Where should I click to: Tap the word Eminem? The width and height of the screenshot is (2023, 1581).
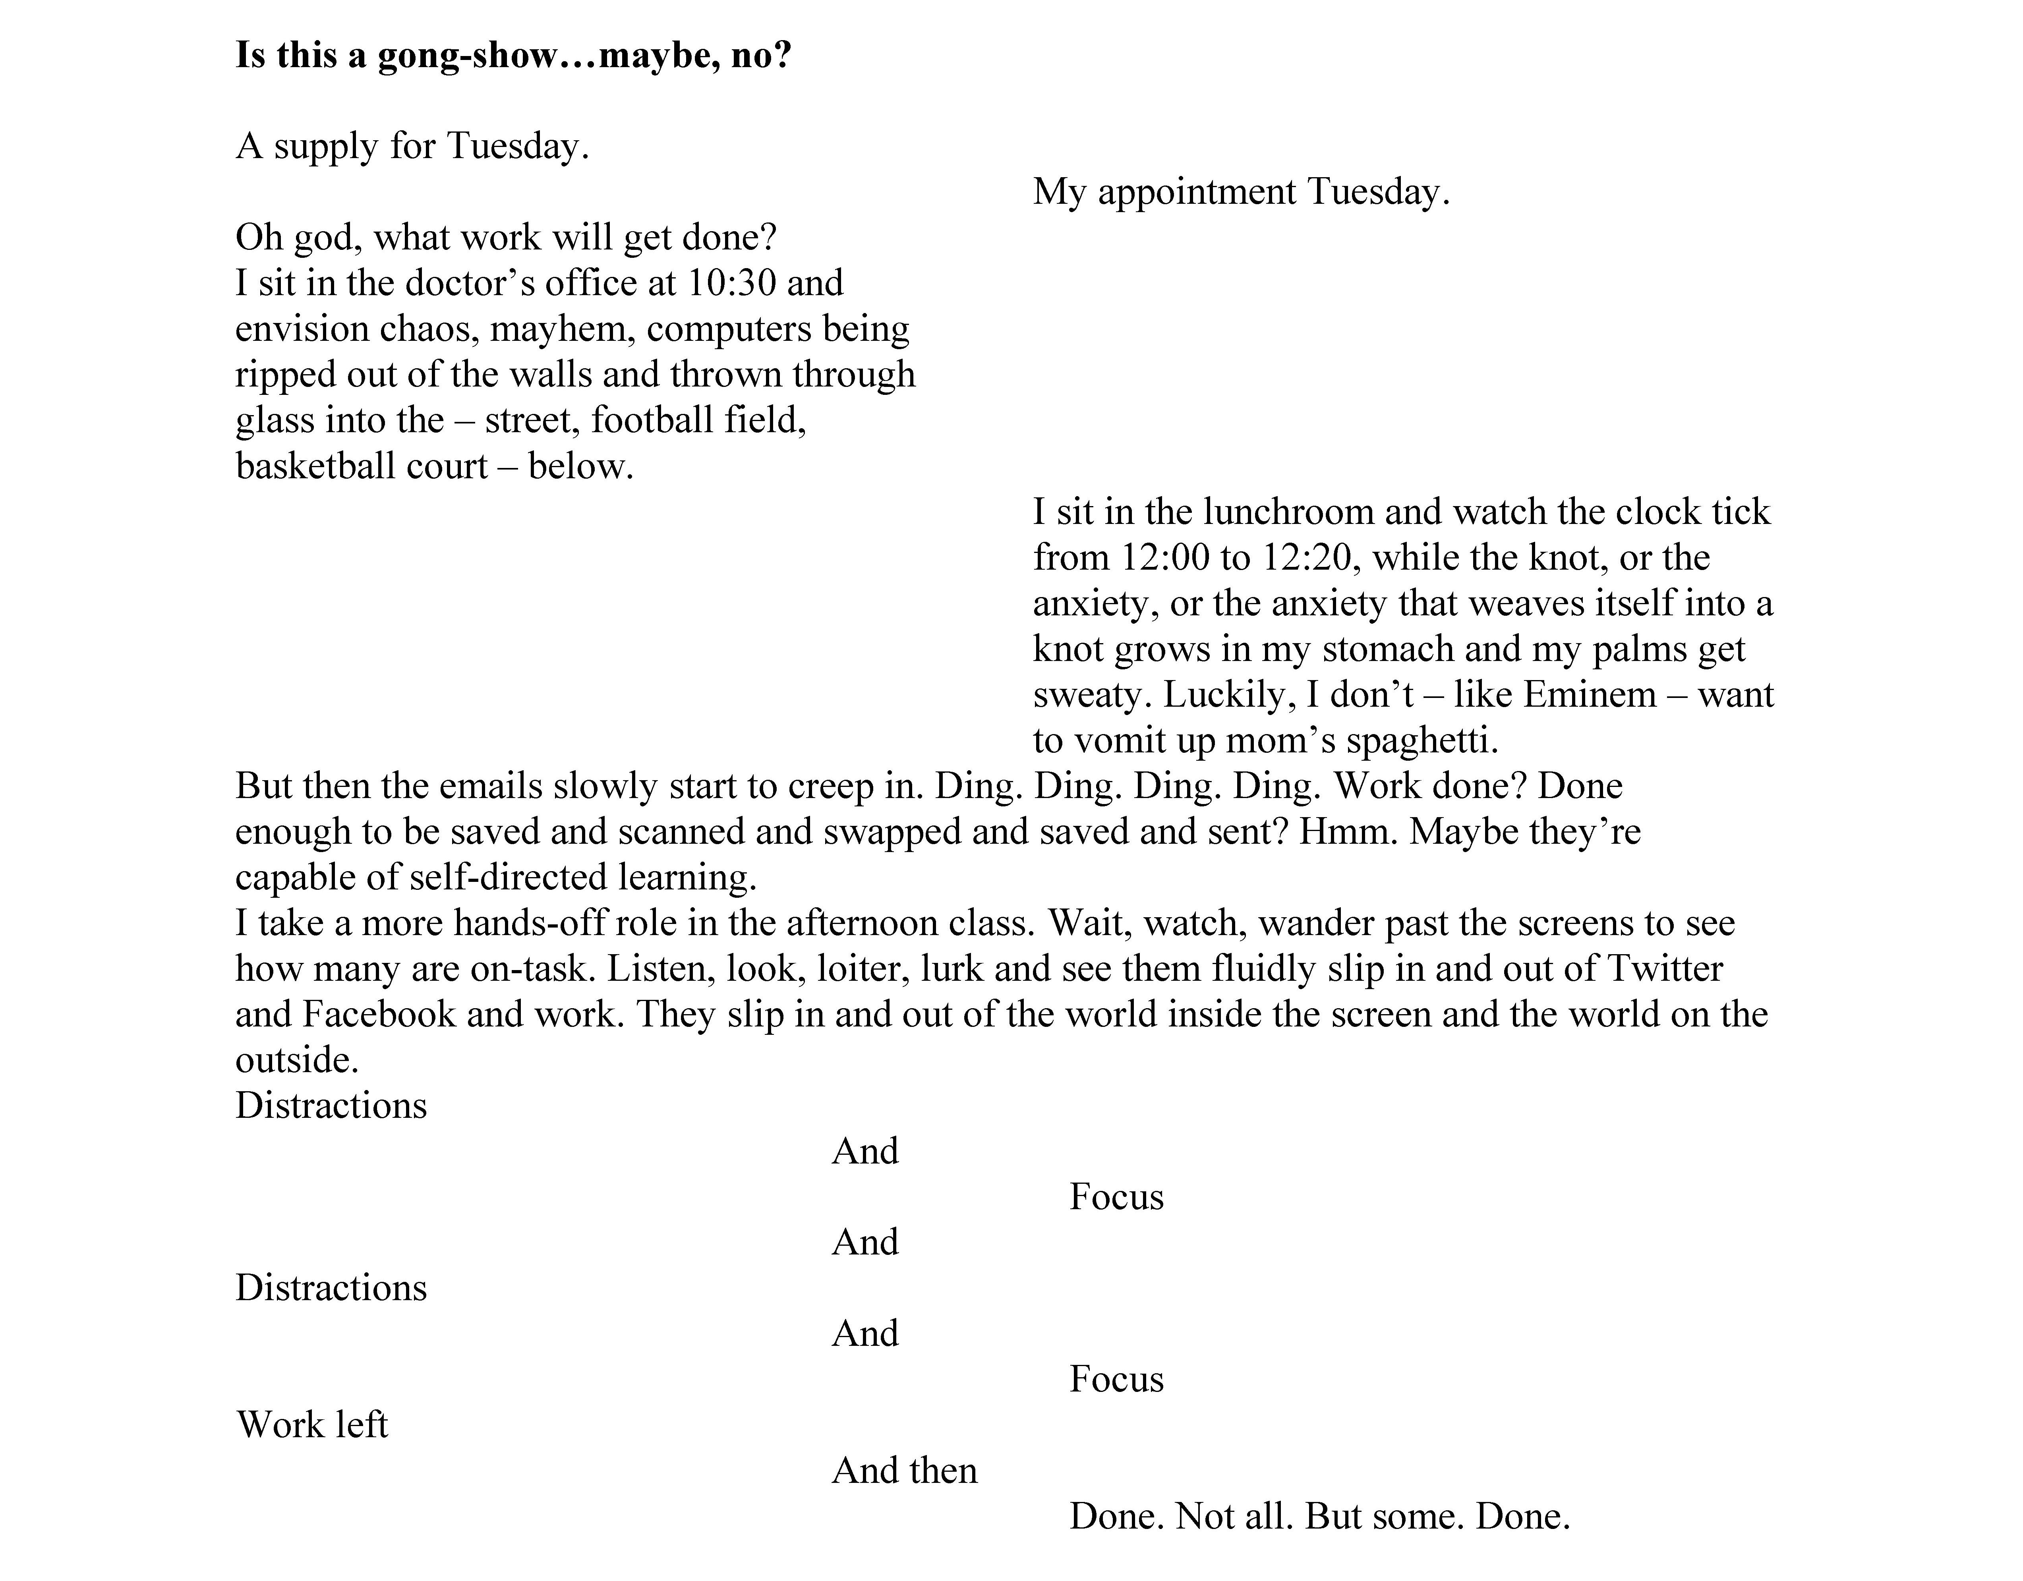point(1589,695)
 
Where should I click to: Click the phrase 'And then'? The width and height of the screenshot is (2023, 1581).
point(904,1471)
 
